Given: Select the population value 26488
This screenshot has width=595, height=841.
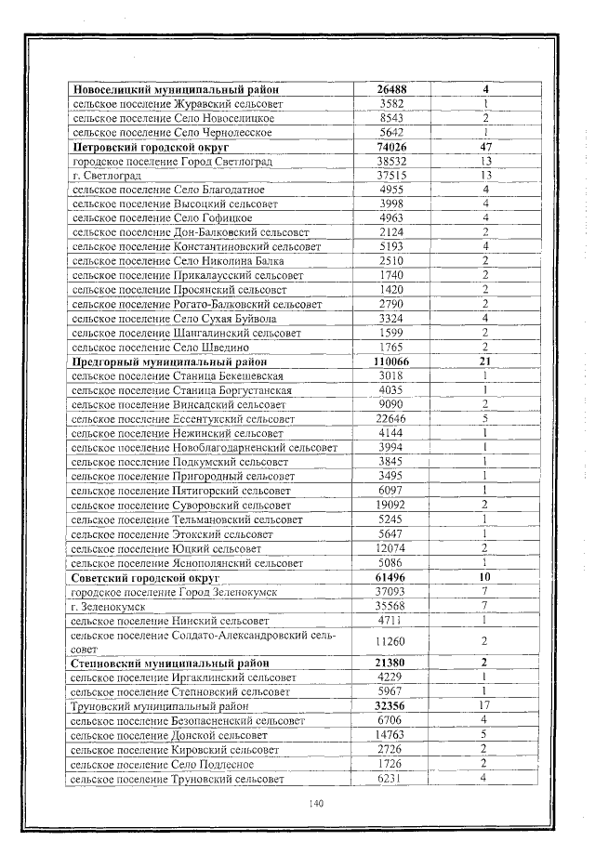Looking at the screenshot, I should coord(391,89).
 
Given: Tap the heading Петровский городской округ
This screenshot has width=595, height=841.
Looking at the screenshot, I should coord(152,147).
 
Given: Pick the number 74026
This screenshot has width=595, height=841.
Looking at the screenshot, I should coord(391,147).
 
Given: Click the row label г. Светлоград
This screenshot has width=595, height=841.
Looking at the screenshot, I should coord(105,176).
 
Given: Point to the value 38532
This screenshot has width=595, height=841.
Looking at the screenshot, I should coord(391,162).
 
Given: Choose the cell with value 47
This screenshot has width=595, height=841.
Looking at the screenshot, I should coord(485,147).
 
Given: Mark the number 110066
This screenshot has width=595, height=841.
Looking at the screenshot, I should coord(391,361).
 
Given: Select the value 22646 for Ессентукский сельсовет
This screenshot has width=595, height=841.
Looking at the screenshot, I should coord(391,418).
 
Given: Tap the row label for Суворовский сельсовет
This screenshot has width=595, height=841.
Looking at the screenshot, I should coord(182,505).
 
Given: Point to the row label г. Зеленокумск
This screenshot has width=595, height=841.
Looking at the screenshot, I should coord(108,606).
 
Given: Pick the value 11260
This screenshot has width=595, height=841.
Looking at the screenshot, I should coord(391,641).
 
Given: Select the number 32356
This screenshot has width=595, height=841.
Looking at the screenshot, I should coord(391,706).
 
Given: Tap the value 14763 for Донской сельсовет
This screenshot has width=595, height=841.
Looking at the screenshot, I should coord(391,735).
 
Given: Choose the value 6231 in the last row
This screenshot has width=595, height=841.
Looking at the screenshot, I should coord(391,779).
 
